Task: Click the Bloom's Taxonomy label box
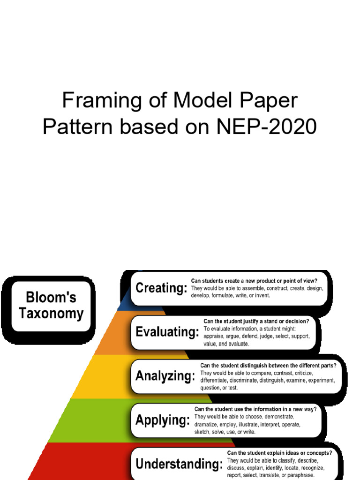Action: point(51,306)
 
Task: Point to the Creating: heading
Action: point(161,288)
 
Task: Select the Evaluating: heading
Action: point(167,332)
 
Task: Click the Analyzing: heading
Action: point(165,375)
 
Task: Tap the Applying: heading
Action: point(163,420)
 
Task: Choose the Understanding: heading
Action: point(179,464)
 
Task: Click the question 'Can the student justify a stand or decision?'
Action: point(256,321)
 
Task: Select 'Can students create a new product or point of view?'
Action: point(254,281)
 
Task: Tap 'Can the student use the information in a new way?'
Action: point(255,409)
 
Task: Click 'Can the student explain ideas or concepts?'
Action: point(279,453)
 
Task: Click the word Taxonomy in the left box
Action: point(51,314)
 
